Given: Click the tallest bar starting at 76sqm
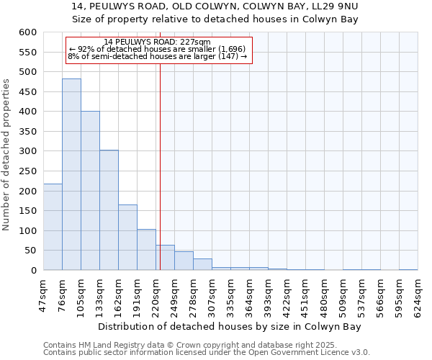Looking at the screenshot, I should pos(71,174).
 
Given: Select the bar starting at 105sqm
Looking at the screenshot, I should pos(90,191).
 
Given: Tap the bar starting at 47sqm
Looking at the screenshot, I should pos(53,227).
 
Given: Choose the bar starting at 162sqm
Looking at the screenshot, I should pos(127,238).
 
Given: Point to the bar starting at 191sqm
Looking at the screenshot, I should pos(146,250).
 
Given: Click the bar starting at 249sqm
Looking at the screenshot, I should pos(184,261).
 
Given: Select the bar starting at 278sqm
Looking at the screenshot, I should pos(202,264).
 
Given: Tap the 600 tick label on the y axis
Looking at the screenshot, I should pos(27,32).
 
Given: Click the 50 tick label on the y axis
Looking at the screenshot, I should pos(30,251).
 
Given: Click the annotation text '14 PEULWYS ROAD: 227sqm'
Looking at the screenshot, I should pos(157,42).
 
